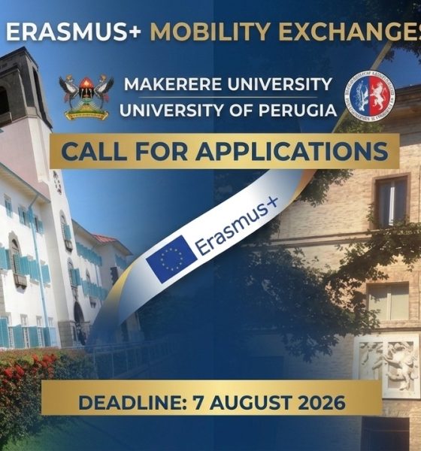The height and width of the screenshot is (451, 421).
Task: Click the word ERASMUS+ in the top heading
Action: [74, 32]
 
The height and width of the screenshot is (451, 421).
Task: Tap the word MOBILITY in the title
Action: [210, 32]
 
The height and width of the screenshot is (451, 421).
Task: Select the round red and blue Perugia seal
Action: [369, 95]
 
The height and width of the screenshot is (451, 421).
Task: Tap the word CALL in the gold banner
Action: [94, 151]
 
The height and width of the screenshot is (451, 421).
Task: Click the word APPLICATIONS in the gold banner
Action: [292, 151]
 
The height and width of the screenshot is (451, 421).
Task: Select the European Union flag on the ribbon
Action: [171, 259]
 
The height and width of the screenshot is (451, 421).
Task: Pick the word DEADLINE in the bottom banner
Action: [131, 402]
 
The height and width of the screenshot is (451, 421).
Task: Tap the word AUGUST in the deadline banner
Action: [250, 402]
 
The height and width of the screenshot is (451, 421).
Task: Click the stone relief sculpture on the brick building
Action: [387, 365]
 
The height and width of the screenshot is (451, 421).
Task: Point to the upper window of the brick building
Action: [392, 201]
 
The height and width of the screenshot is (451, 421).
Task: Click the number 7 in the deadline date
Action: [198, 402]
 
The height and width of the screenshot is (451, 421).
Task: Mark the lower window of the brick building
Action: [388, 301]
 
